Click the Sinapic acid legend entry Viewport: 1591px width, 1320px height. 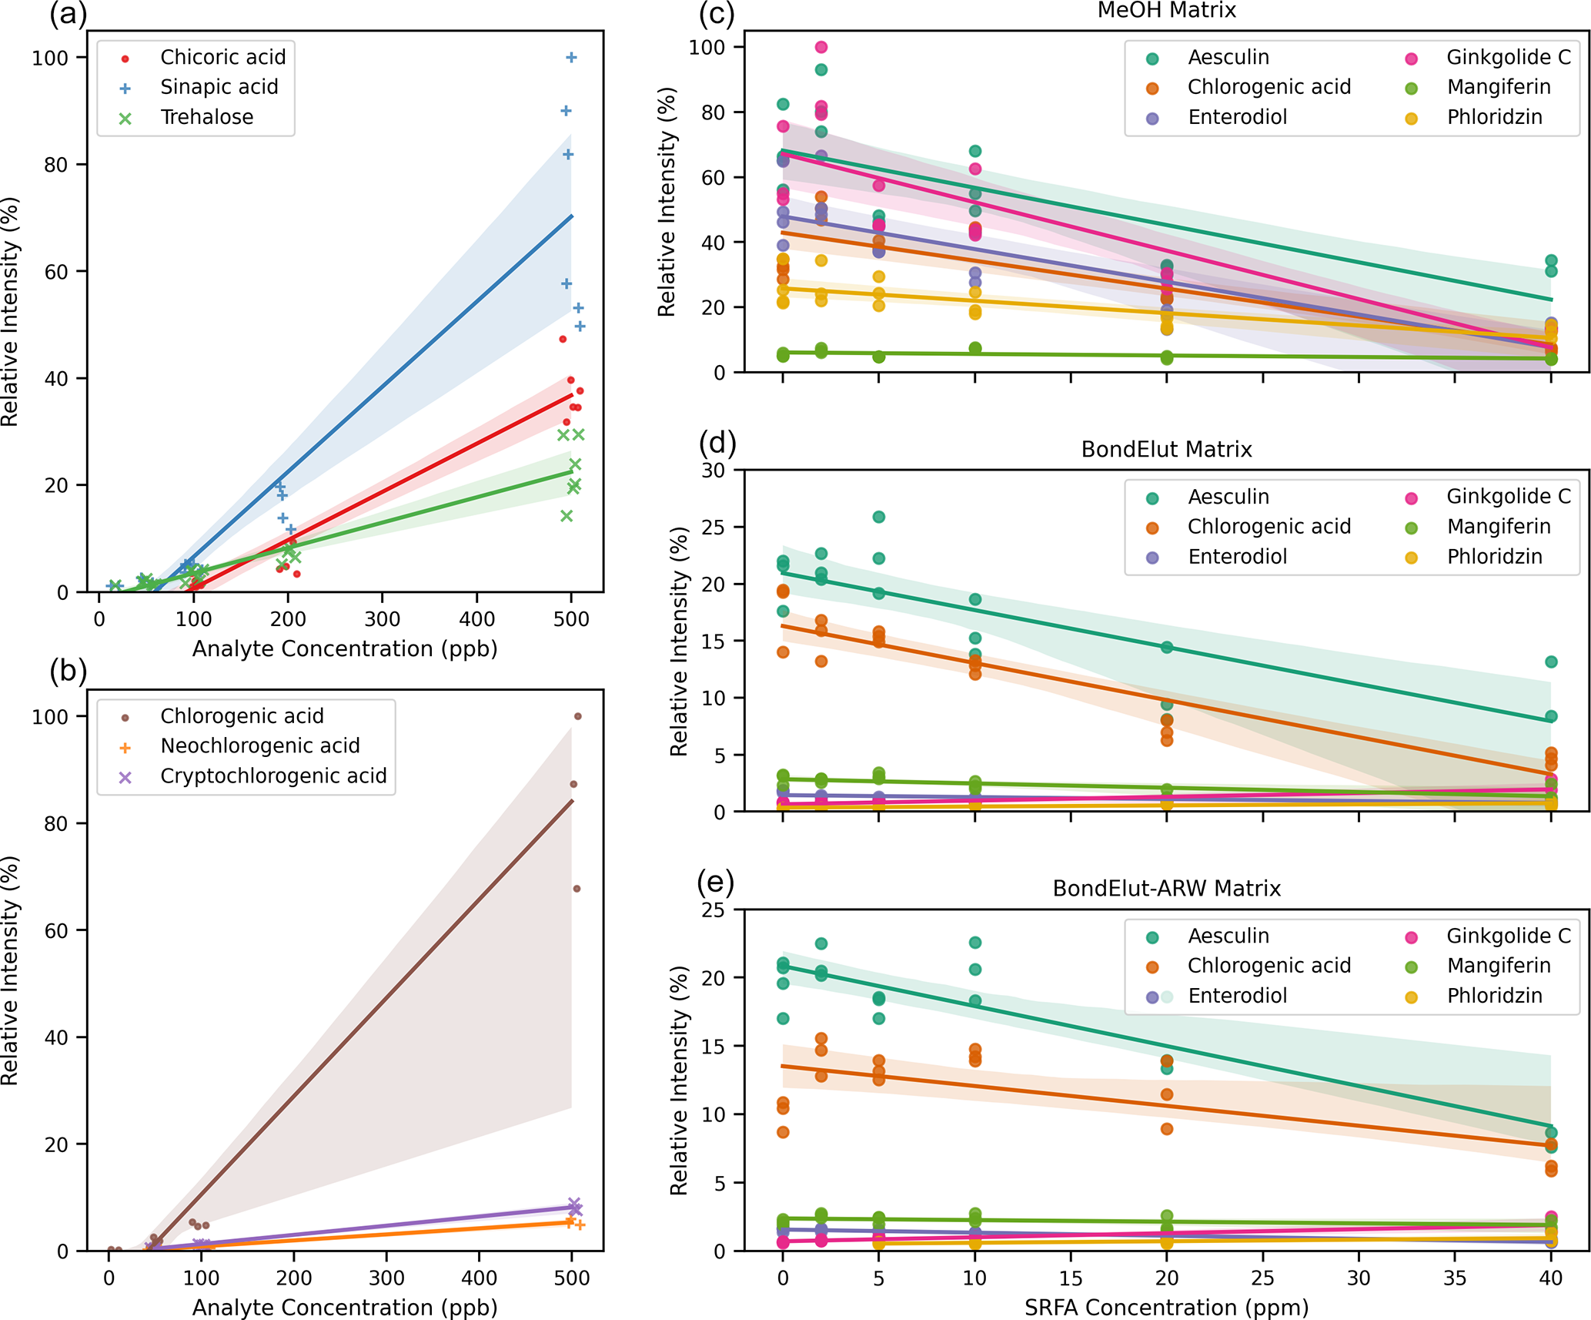tap(219, 87)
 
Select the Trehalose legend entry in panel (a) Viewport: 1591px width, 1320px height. tap(206, 117)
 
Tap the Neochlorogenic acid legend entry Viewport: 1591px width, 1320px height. tap(259, 745)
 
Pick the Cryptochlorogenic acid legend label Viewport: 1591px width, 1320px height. tap(273, 776)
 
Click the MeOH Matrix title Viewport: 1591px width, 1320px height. tap(1166, 11)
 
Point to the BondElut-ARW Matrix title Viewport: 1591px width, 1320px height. tap(1166, 889)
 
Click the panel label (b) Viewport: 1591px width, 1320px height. tap(68, 672)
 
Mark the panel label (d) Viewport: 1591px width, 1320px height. tap(717, 443)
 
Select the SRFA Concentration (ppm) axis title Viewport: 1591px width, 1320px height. tap(1166, 1307)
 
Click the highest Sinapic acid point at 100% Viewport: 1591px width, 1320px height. tap(571, 58)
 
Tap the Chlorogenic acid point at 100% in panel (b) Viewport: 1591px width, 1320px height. tap(578, 716)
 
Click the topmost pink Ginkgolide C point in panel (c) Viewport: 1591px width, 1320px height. tap(821, 48)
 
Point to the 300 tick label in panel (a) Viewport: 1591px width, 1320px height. tap(383, 619)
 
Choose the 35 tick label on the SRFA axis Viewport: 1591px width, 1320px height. tap(1455, 1278)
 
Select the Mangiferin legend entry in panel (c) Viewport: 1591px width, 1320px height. tap(1498, 87)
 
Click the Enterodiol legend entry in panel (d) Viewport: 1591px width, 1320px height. tap(1237, 557)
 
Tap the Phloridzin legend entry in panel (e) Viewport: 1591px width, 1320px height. tap(1494, 996)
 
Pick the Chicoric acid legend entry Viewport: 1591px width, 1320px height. tap(222, 57)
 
